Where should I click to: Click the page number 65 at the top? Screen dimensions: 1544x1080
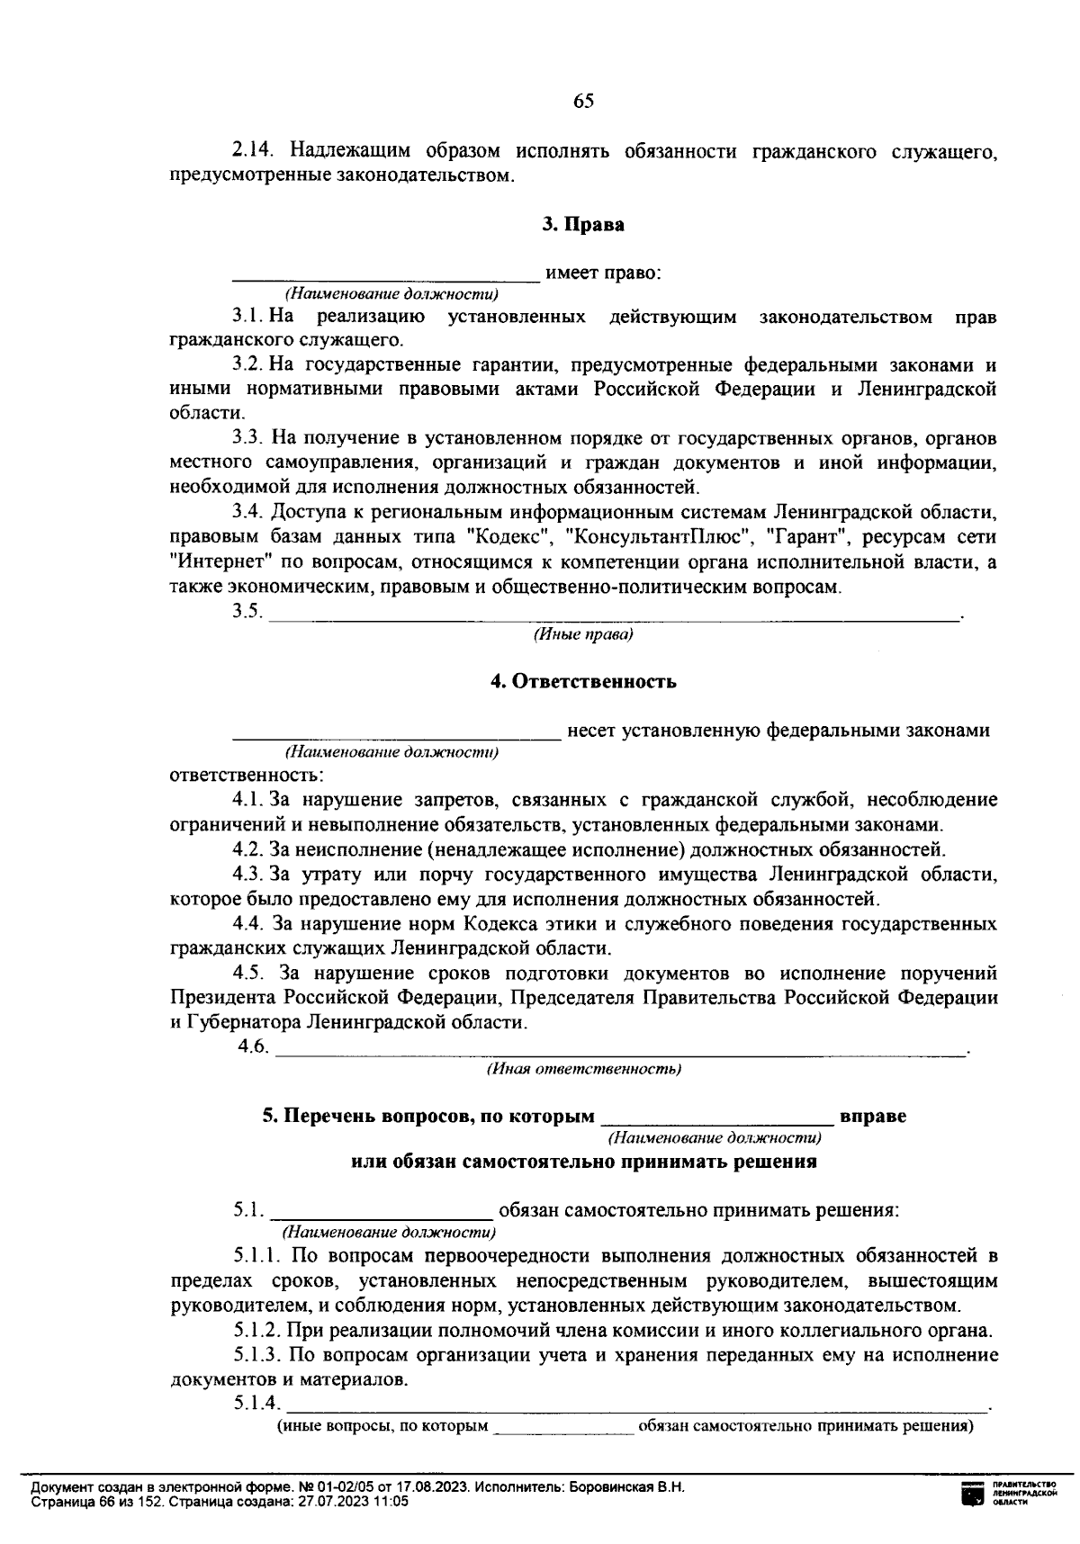583,101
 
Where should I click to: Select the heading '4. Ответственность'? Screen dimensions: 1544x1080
582,681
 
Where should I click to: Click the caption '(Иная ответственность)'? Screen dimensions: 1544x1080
583,1069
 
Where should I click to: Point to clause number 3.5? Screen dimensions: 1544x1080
247,612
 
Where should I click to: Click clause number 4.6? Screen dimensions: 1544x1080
253,1046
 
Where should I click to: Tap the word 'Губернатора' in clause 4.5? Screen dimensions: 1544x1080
243,1023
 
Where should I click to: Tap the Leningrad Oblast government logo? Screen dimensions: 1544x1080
972,1495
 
